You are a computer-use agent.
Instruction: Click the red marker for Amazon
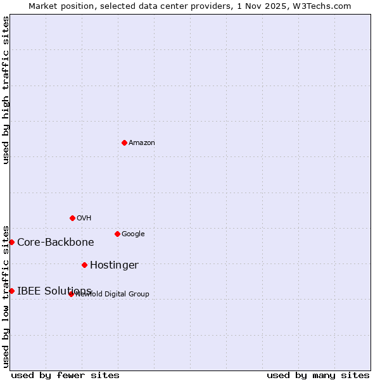click(124, 142)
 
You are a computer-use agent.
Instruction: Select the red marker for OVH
click(72, 218)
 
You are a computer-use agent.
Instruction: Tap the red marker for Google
click(117, 234)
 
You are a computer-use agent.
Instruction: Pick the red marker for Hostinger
click(84, 265)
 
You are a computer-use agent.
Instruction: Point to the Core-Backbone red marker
click(11, 242)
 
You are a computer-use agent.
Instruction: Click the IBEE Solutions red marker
click(11, 291)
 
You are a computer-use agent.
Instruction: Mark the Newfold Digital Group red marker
click(71, 294)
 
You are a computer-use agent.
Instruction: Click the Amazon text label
click(142, 143)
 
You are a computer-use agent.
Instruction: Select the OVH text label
click(84, 218)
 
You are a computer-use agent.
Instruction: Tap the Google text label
click(133, 234)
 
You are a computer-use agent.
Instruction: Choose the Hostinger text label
click(114, 265)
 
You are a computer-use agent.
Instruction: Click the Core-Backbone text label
click(56, 243)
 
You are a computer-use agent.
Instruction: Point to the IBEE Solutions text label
click(54, 291)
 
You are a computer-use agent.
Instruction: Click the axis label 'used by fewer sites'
click(65, 375)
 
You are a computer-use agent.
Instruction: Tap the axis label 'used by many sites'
click(318, 375)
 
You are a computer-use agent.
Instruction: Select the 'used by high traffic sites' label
click(6, 90)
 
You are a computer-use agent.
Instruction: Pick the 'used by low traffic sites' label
click(6, 296)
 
